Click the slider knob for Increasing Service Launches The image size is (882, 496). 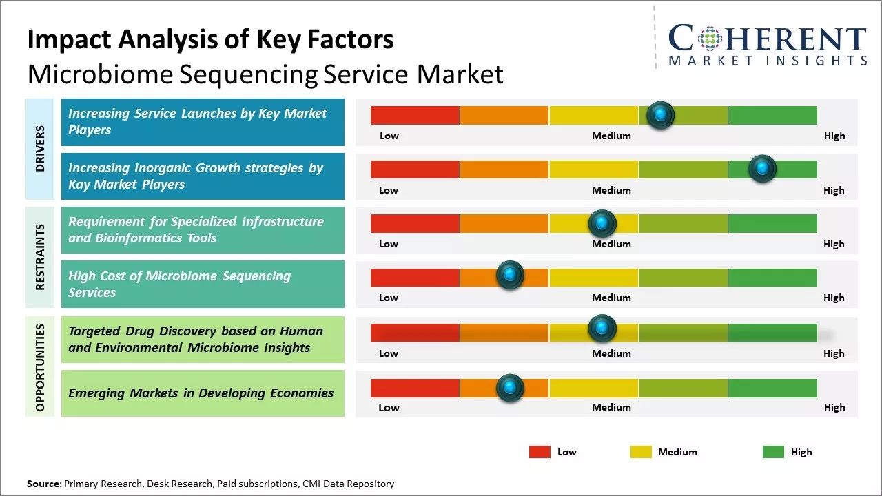pos(661,115)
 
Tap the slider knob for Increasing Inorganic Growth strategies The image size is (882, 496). pos(762,169)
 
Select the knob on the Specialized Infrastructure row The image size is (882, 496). pos(602,223)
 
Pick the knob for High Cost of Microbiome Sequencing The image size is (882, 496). pos(510,276)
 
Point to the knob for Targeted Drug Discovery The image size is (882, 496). pos(602,329)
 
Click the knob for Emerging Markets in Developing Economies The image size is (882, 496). pos(510,388)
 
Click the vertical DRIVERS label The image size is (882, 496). pos(40,149)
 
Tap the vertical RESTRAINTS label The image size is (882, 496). pos(40,256)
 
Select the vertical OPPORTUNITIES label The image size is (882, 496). pos(40,367)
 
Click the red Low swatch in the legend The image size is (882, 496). pos(540,452)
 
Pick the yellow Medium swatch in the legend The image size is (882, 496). pos(641,452)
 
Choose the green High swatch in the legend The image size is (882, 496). pos(773,452)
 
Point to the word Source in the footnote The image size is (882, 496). pos(44,484)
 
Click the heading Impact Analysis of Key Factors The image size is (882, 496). pos(210,40)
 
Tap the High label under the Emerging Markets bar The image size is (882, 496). pos(834,407)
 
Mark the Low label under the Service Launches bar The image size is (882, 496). pos(389,136)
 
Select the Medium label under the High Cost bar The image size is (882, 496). pos(611,298)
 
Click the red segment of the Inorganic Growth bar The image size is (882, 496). pos(415,169)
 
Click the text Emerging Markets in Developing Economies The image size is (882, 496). pos(201,393)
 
